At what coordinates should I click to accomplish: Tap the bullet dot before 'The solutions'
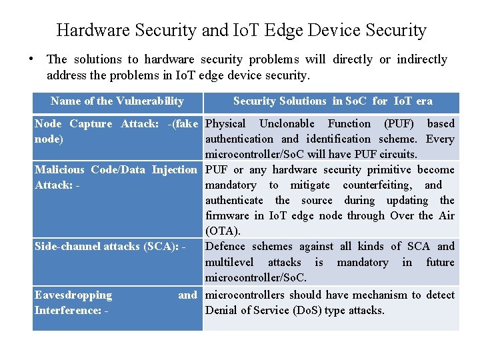[31, 57]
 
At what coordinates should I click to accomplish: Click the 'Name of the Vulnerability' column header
[117, 101]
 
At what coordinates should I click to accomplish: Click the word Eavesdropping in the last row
[73, 295]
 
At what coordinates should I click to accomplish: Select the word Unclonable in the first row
[287, 123]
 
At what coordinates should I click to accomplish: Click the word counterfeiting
[374, 185]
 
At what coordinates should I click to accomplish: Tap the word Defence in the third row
[225, 246]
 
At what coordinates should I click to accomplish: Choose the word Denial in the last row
[222, 310]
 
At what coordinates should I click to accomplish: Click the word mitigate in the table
[311, 185]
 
